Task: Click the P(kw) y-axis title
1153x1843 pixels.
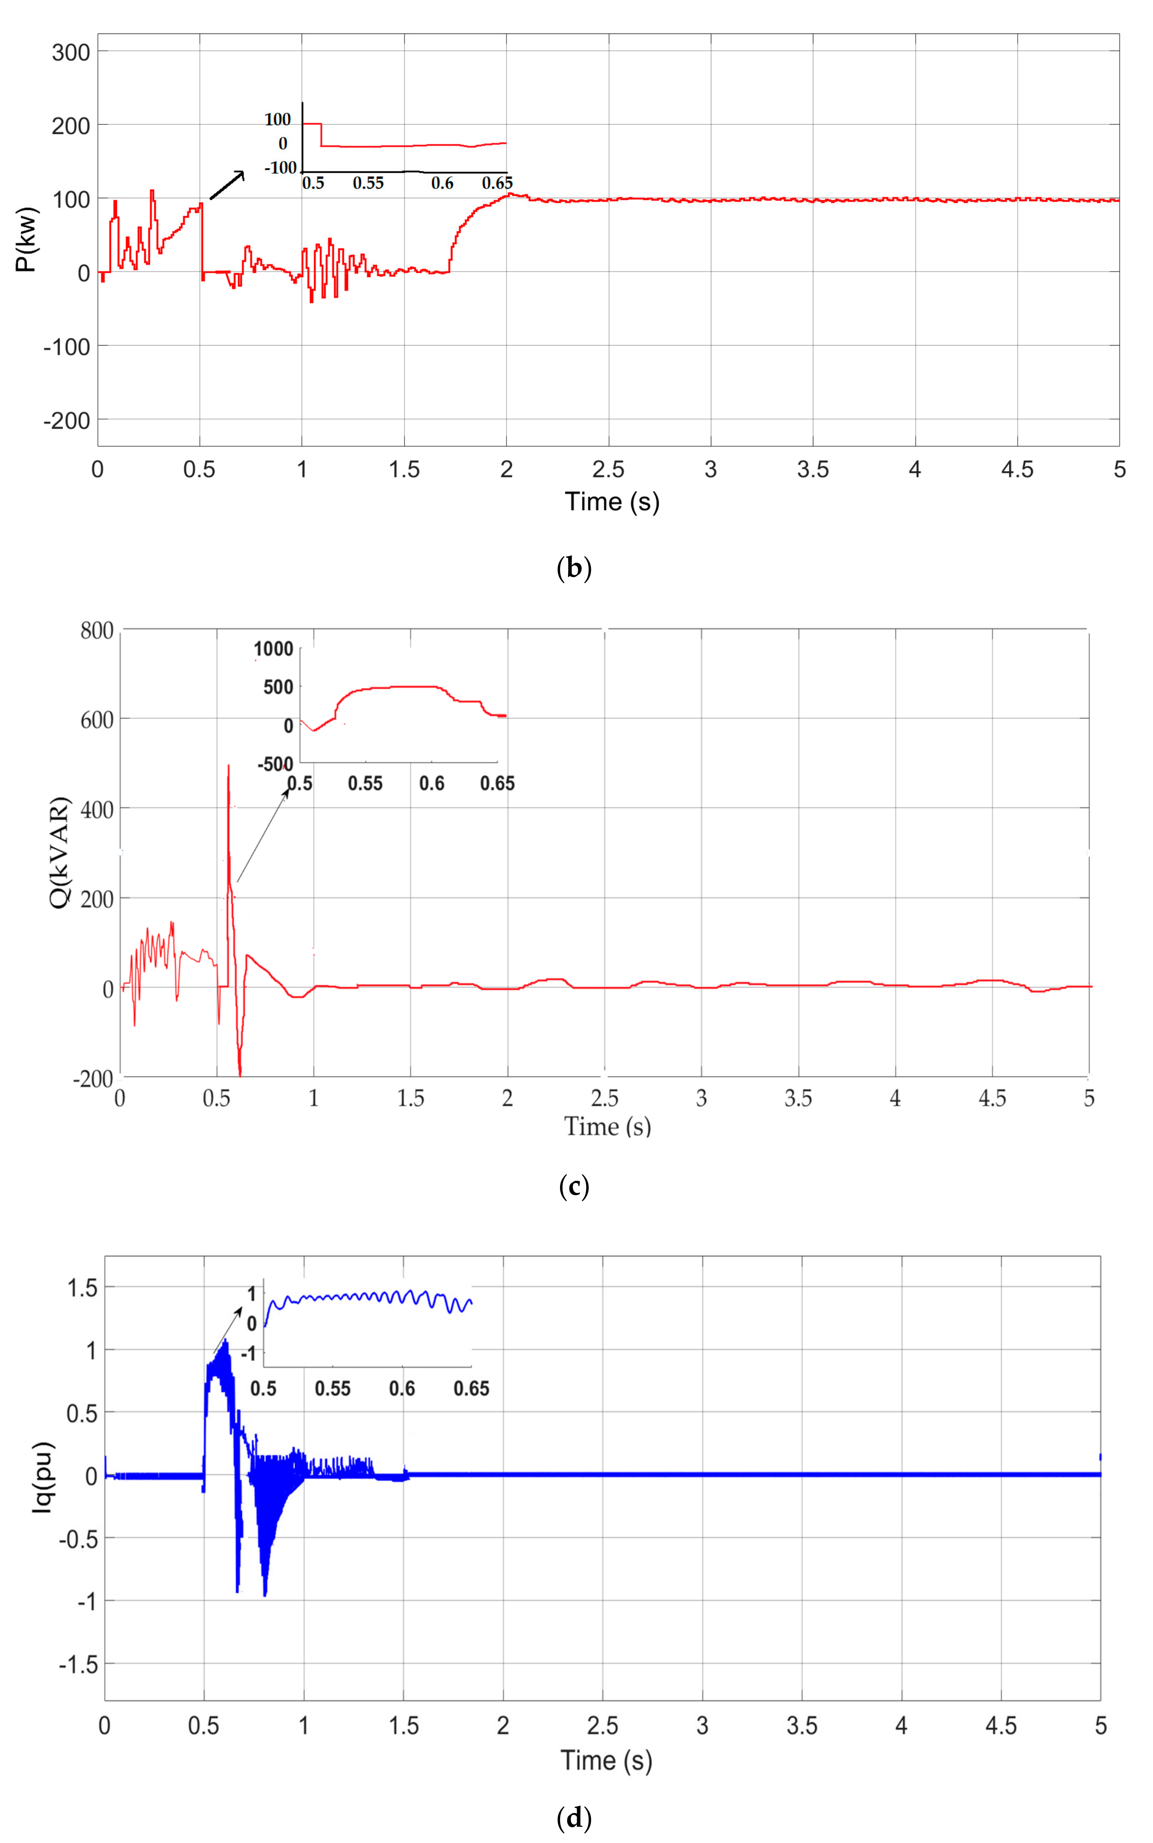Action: pyautogui.click(x=27, y=239)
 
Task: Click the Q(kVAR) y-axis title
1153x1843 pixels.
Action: pyautogui.click(x=60, y=852)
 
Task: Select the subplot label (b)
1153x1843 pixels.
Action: pyautogui.click(x=574, y=568)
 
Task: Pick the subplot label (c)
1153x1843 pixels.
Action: pyautogui.click(x=574, y=1186)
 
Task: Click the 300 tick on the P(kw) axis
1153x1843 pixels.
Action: pyautogui.click(x=71, y=53)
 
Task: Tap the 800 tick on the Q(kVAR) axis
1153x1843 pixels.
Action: pyautogui.click(x=97, y=630)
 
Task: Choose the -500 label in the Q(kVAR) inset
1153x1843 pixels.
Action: pyautogui.click(x=275, y=764)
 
